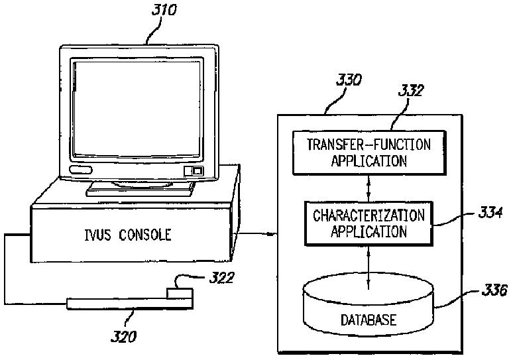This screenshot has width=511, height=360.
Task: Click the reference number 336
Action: [x=494, y=290]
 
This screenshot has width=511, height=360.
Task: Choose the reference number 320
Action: [x=124, y=336]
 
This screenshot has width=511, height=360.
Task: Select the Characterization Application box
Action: [x=369, y=223]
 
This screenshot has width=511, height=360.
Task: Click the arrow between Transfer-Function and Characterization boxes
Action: [x=369, y=188]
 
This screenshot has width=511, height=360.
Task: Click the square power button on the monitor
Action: [x=197, y=170]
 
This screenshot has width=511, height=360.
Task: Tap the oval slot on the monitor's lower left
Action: [x=80, y=171]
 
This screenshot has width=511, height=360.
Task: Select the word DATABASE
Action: [x=369, y=320]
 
